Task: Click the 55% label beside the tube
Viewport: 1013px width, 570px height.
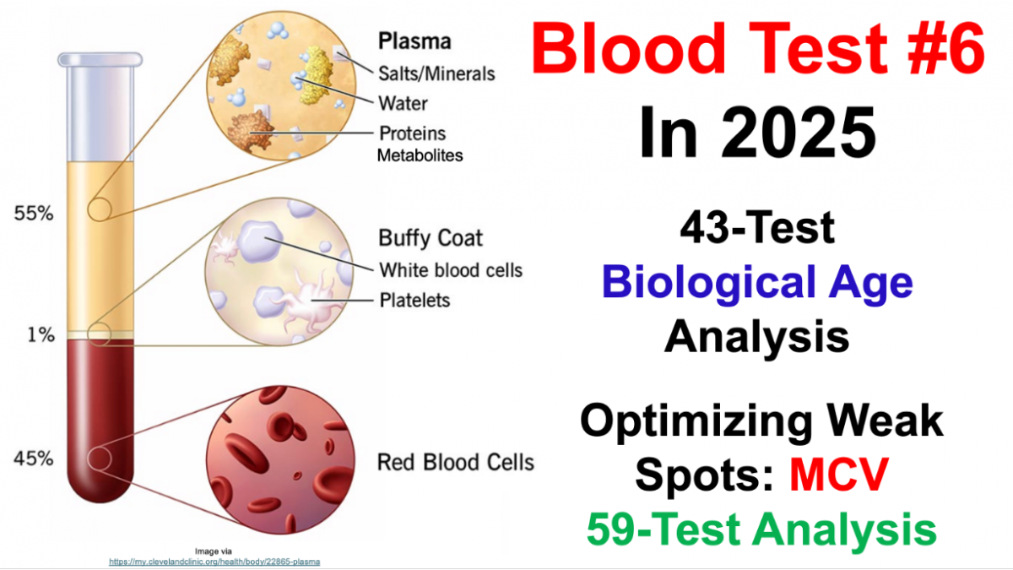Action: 34,213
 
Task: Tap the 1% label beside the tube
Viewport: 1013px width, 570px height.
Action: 41,334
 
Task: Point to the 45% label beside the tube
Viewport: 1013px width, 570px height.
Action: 34,459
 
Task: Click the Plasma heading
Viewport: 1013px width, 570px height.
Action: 414,41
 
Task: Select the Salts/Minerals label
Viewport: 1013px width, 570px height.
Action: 436,73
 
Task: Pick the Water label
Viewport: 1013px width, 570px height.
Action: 403,104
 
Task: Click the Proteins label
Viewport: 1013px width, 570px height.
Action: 413,133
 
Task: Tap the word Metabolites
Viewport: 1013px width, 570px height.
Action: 420,155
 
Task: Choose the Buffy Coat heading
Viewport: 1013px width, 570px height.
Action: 431,238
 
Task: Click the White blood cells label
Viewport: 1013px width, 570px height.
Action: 451,270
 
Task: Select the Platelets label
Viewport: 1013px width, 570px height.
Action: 414,301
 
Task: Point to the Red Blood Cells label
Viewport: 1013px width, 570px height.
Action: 455,463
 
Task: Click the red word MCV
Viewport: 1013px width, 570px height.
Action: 839,474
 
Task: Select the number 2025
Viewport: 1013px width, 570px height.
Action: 799,132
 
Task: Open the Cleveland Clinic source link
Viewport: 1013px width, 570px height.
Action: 214,562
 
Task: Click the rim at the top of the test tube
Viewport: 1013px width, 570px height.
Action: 100,60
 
